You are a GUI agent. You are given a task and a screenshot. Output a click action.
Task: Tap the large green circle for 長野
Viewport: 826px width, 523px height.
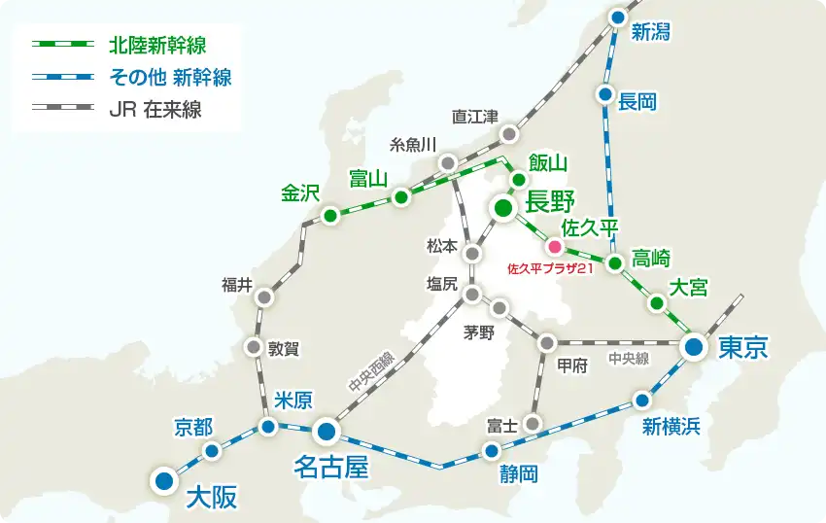click(502, 207)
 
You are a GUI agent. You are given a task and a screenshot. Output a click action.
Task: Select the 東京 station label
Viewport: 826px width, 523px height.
click(743, 348)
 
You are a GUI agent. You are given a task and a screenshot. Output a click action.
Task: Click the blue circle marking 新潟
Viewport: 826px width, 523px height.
click(618, 17)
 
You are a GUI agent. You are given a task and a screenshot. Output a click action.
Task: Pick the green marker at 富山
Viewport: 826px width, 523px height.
click(400, 197)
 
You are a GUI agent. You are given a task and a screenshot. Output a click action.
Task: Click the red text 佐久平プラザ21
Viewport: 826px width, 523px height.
click(550, 267)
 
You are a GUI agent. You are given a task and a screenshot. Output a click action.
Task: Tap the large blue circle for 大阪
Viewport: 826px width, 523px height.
click(163, 478)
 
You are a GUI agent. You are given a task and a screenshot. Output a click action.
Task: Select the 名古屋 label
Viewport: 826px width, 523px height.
click(331, 469)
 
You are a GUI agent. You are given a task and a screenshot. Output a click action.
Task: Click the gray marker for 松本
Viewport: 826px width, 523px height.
click(472, 253)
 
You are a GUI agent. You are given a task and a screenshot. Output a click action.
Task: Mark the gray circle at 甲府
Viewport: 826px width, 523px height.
click(547, 342)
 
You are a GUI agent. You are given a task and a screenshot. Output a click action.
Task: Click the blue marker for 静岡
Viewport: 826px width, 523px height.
click(492, 450)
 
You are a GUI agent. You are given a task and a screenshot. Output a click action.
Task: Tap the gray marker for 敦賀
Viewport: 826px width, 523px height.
click(255, 346)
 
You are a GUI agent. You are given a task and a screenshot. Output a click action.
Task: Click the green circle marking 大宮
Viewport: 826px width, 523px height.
click(657, 302)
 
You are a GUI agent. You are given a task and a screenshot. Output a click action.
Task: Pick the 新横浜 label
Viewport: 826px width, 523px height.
click(671, 425)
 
